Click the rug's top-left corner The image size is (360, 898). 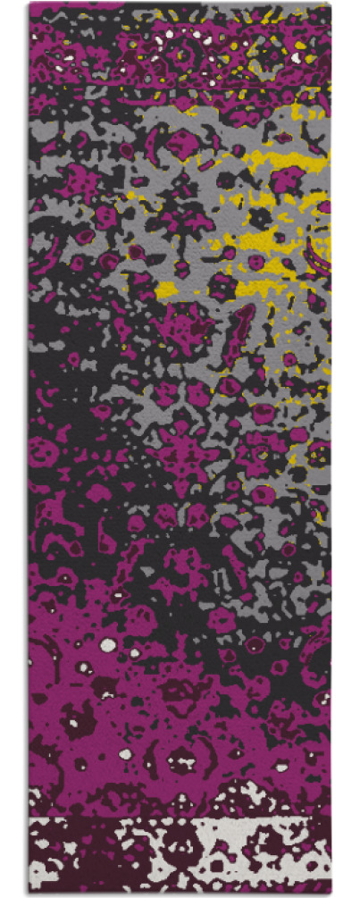coord(29,4)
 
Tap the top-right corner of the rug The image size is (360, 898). coord(330,4)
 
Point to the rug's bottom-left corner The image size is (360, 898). coord(29,894)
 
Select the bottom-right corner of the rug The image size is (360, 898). coord(330,894)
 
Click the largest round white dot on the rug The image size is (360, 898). coord(108,644)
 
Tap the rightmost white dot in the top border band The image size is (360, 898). coord(296,57)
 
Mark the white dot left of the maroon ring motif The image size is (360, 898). coord(126,754)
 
